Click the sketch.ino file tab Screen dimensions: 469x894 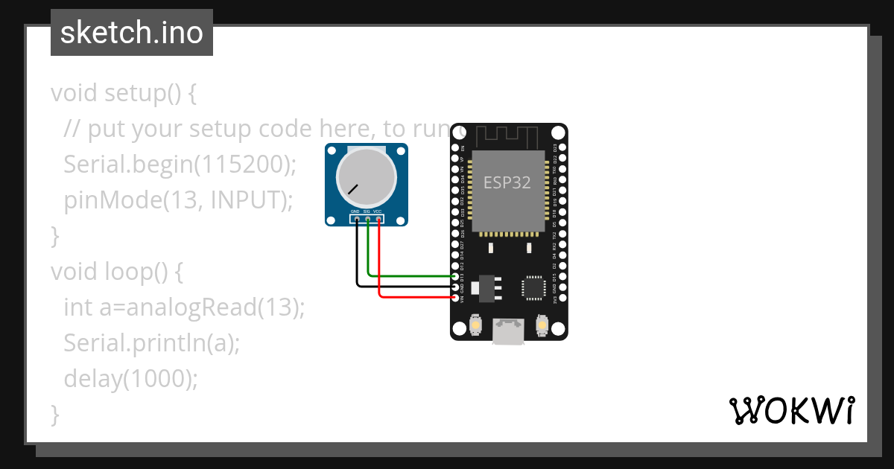132,33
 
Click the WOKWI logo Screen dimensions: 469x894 791,410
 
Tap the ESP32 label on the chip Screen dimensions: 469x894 507,182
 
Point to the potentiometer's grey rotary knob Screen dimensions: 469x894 366,177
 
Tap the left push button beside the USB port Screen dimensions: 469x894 475,325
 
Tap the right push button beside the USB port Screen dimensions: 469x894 542,325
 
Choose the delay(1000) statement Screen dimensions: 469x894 131,378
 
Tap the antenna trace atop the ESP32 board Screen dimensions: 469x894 507,135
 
